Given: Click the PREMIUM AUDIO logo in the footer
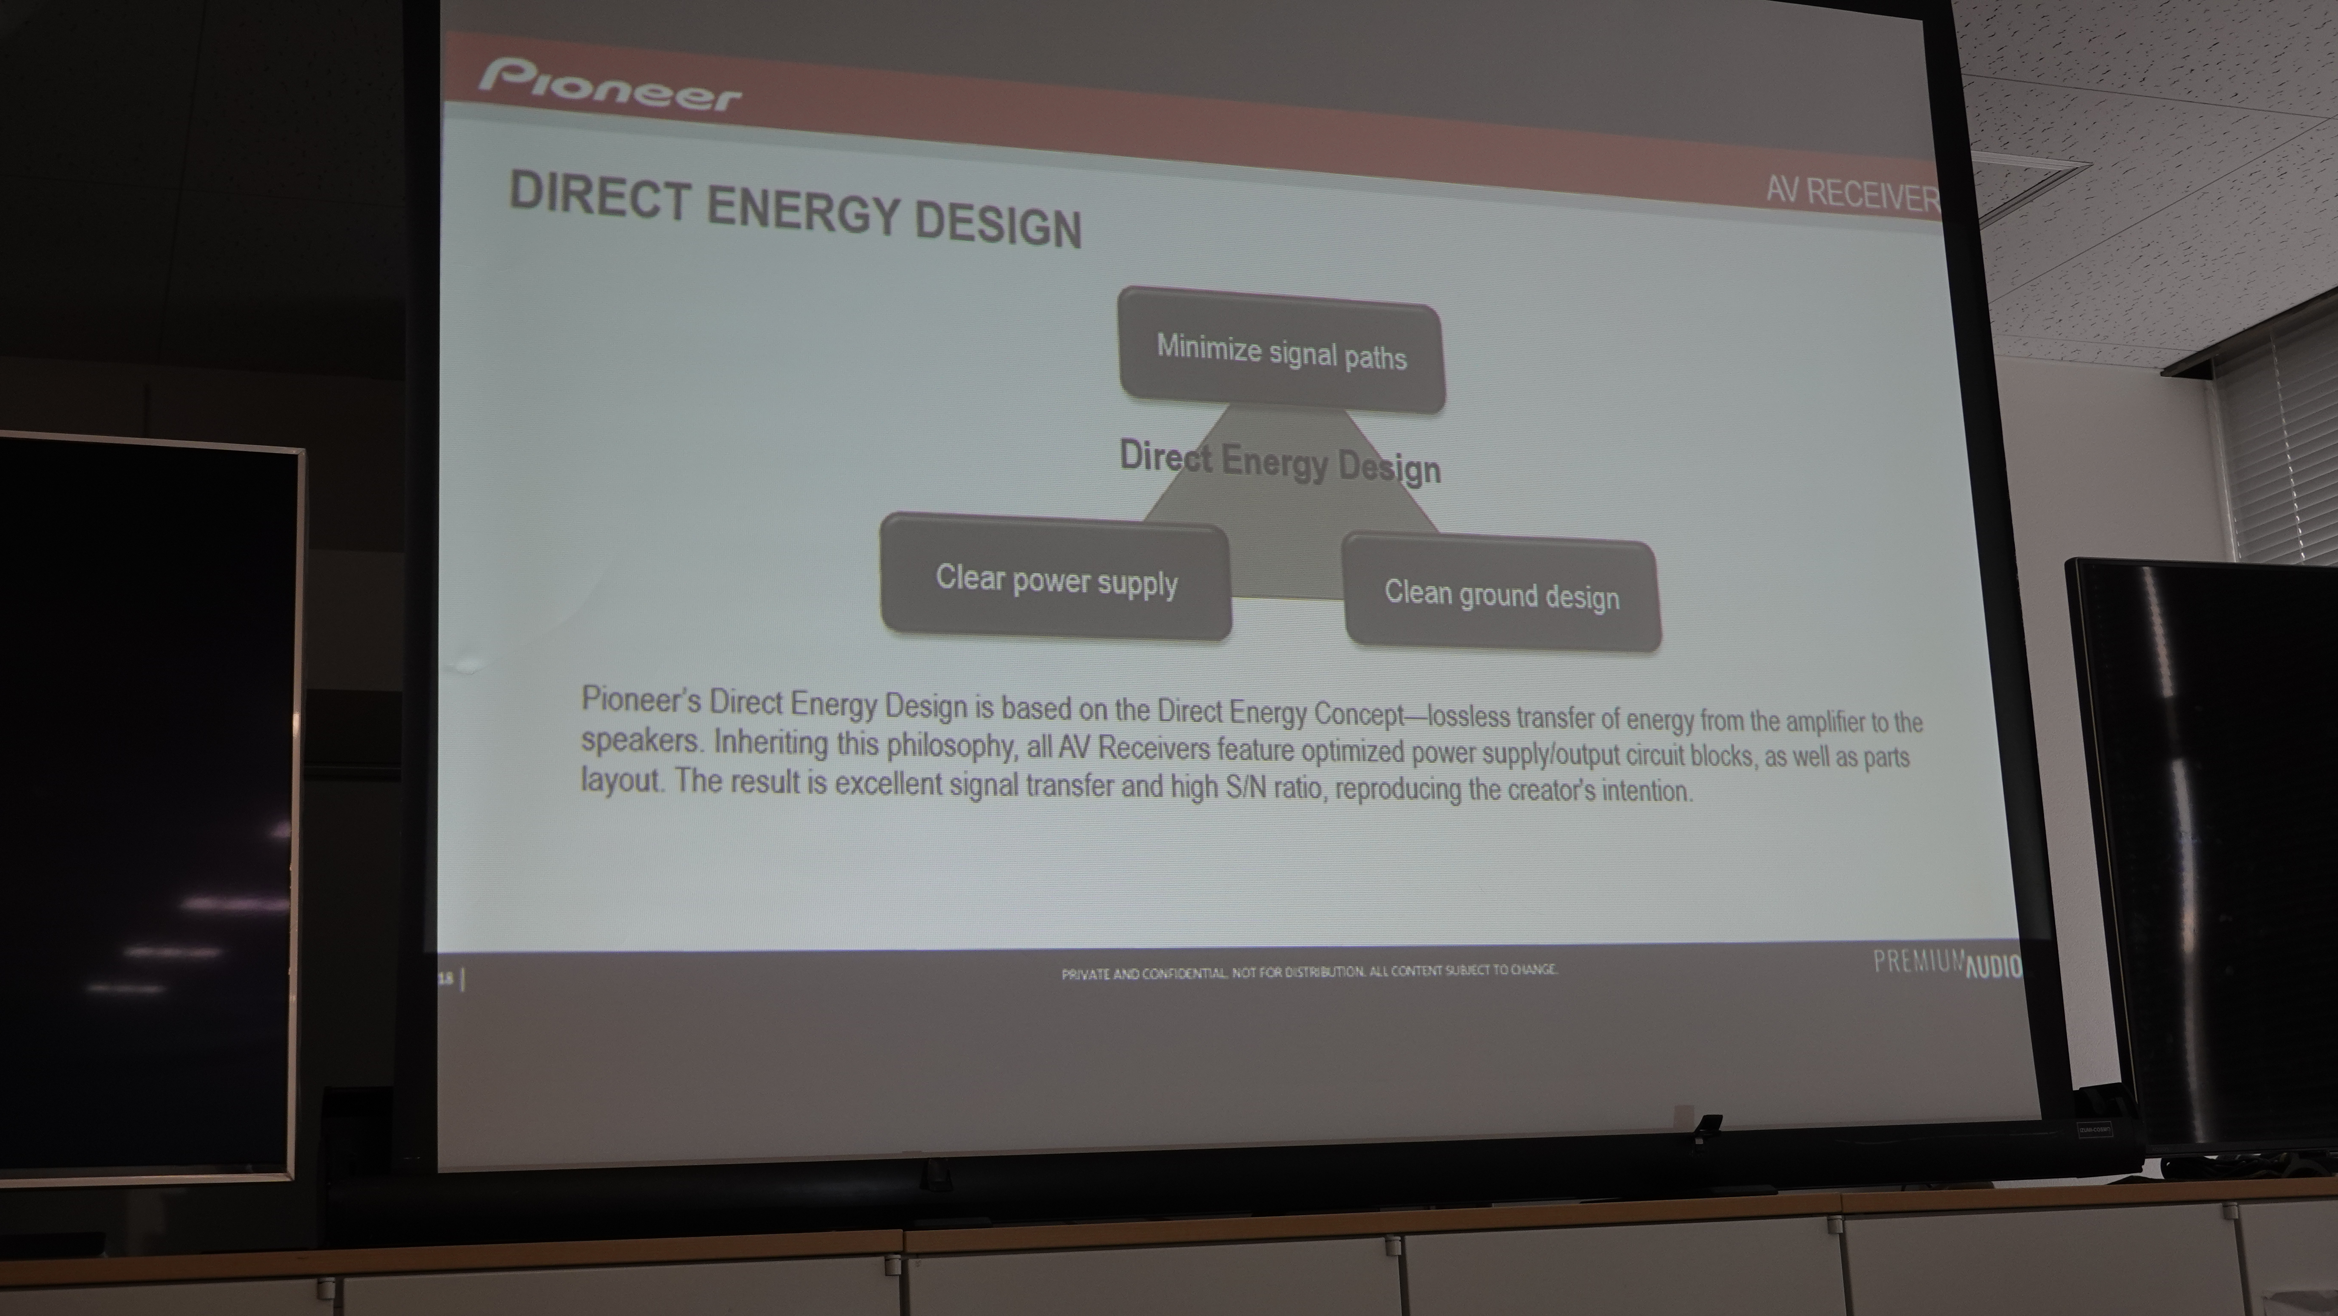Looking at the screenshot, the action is pyautogui.click(x=1948, y=964).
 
